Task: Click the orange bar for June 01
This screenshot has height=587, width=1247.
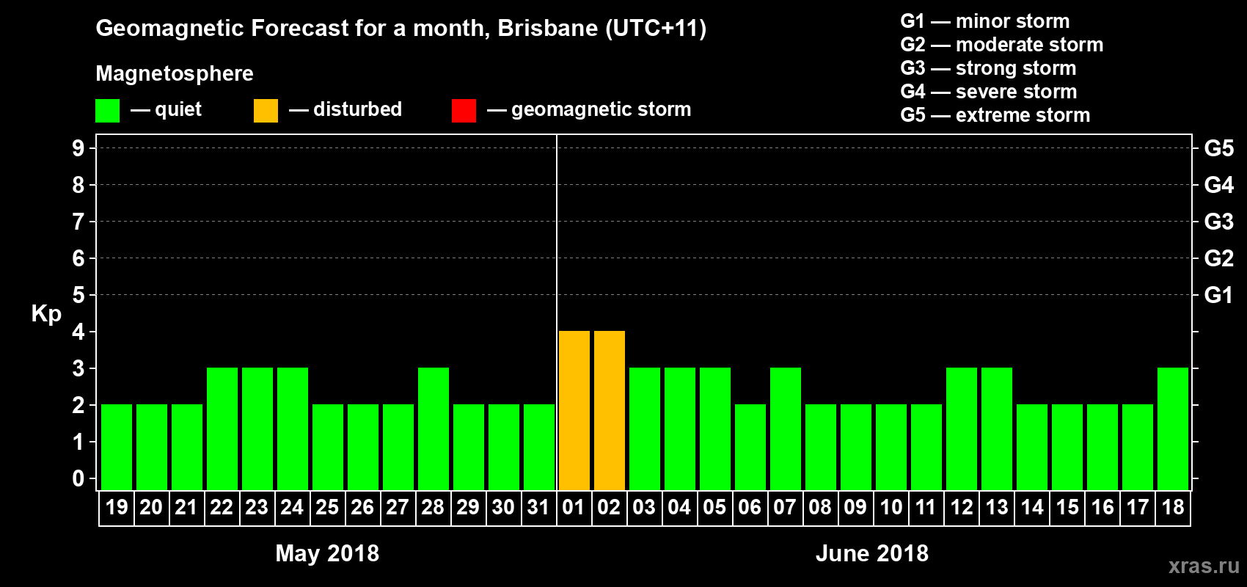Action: pos(574,410)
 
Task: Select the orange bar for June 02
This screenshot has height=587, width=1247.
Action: pos(610,410)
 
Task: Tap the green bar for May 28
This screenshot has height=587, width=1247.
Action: pos(434,429)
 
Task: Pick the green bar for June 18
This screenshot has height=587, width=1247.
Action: pos(1173,429)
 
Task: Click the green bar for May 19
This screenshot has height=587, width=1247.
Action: pos(117,447)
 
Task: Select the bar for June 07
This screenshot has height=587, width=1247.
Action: pos(786,429)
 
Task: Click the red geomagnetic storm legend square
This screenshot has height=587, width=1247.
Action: pos(464,111)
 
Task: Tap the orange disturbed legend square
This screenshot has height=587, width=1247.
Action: pos(266,111)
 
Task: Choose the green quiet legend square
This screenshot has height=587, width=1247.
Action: pos(107,111)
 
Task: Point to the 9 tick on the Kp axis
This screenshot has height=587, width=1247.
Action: pos(78,148)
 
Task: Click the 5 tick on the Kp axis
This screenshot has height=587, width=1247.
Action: pos(78,295)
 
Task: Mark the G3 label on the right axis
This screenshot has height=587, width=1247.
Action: pos(1218,222)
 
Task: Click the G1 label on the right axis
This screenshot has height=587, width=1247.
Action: pos(1218,295)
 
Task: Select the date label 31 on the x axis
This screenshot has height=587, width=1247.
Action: pos(538,507)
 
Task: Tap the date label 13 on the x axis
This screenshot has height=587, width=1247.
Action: pos(996,507)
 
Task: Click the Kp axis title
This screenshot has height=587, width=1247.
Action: pos(46,313)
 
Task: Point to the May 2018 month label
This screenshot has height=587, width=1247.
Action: pos(327,553)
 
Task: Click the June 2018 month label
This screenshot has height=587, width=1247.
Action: pos(872,553)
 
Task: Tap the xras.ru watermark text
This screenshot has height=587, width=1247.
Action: pos(1204,566)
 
